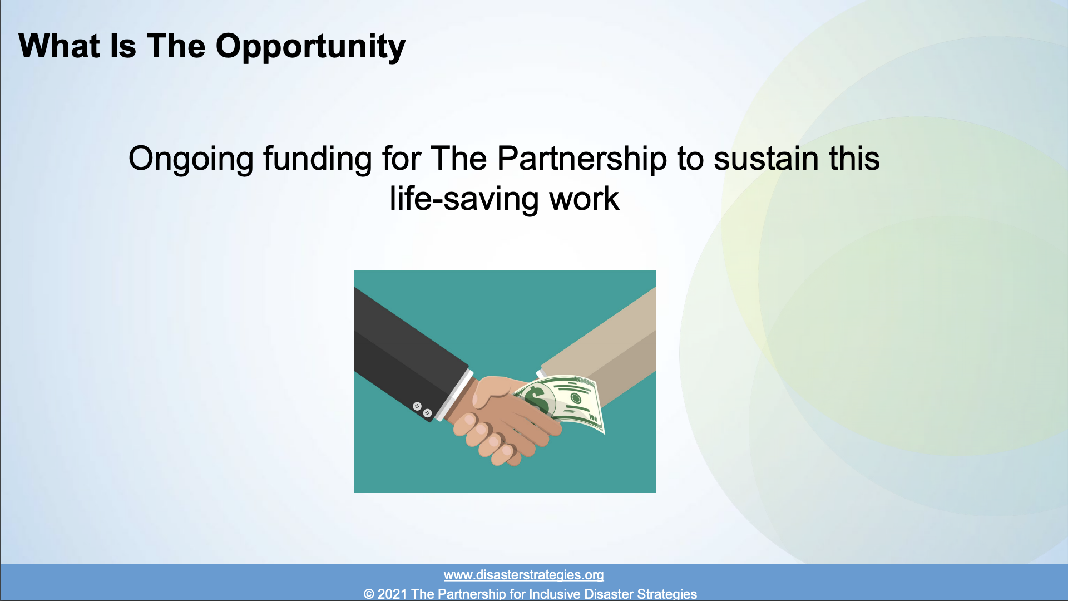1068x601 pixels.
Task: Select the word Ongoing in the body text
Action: (x=191, y=160)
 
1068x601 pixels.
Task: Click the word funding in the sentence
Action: (x=317, y=160)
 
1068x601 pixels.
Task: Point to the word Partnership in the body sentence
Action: (x=581, y=159)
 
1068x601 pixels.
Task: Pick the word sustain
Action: (x=767, y=159)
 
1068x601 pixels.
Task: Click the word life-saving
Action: (x=464, y=199)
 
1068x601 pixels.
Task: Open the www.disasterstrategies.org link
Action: (x=523, y=575)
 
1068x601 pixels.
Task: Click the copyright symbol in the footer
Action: (x=369, y=594)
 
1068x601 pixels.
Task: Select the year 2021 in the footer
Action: (x=392, y=594)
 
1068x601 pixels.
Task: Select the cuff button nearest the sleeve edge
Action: (x=427, y=413)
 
